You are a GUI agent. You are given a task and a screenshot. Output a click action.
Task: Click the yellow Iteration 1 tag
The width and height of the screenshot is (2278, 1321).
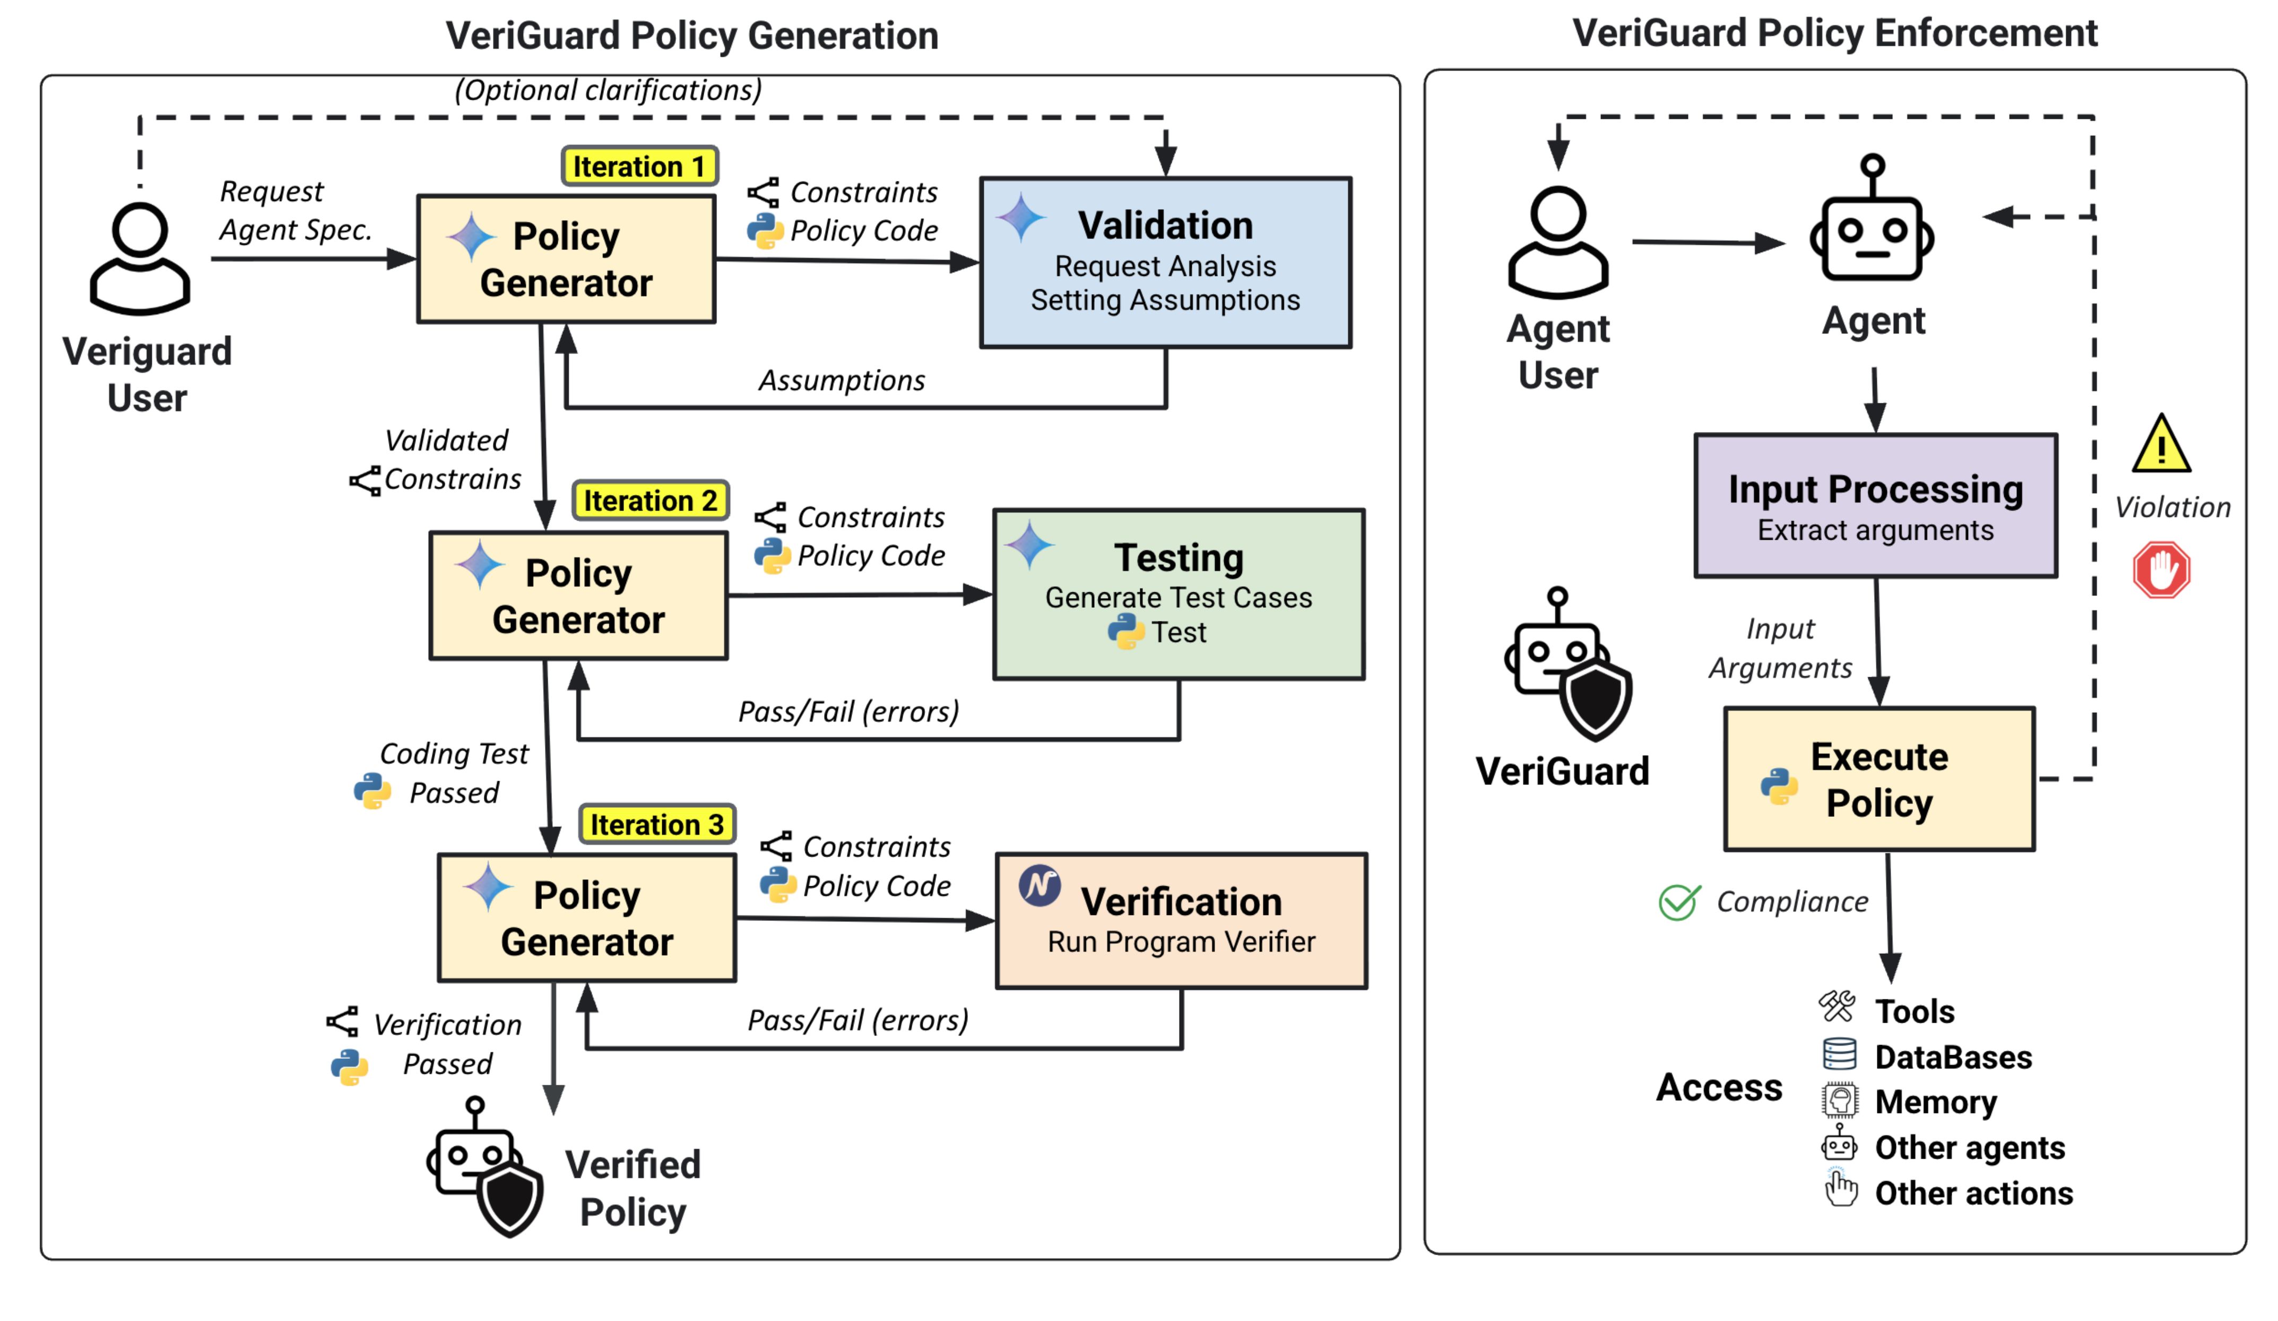638,166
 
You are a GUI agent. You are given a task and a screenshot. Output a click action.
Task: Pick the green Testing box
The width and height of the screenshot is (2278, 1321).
1178,594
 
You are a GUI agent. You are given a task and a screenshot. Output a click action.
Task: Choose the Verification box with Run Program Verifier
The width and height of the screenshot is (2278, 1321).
1181,920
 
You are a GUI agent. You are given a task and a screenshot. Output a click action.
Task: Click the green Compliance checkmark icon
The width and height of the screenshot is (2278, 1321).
1679,902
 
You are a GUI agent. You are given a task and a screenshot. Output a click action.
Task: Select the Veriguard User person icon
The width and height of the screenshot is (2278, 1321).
140,258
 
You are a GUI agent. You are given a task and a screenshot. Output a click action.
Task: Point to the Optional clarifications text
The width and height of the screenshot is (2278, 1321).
608,90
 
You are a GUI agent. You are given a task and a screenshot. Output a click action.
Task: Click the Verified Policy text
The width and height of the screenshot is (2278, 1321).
632,1187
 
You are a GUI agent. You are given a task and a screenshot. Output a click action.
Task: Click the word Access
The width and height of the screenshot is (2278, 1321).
1718,1087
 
